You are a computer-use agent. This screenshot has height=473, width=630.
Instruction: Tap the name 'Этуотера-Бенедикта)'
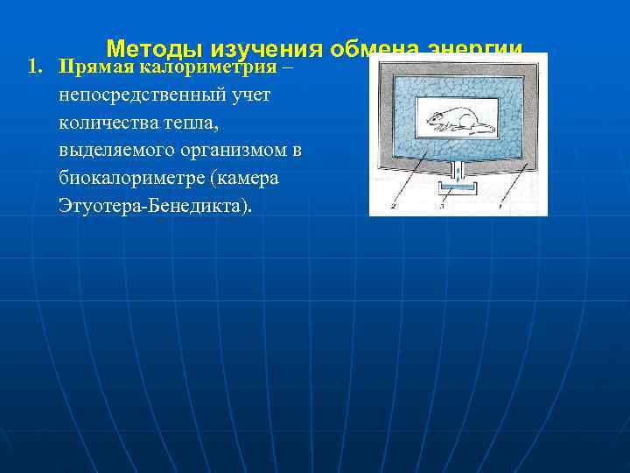click(154, 207)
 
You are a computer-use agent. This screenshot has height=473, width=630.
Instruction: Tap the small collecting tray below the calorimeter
click(458, 190)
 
